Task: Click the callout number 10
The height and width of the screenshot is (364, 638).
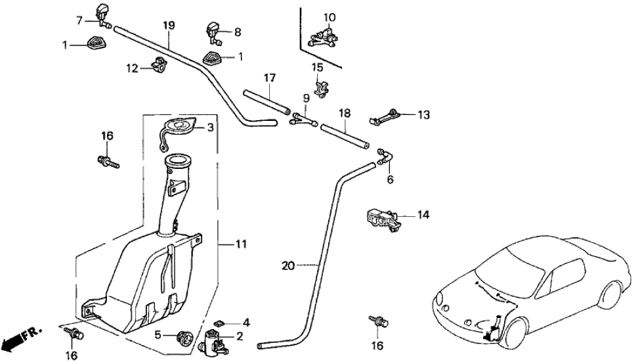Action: (329, 16)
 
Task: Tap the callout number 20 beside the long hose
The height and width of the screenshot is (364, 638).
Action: (288, 266)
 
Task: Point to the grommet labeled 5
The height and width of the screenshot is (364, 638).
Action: (184, 338)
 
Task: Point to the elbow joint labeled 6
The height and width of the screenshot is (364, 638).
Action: (384, 158)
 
